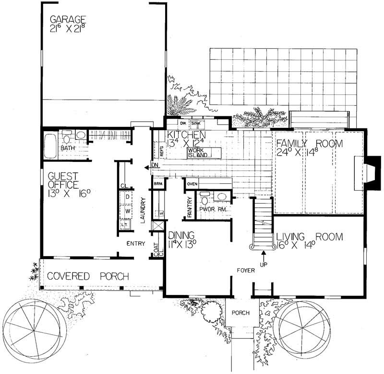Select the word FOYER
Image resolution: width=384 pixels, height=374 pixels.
tap(245, 271)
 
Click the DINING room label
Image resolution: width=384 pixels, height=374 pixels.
tap(181, 235)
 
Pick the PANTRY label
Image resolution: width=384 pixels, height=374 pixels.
tap(190, 207)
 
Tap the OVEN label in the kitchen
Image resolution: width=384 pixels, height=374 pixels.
tap(192, 184)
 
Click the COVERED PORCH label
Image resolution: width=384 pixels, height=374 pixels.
tap(87, 276)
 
